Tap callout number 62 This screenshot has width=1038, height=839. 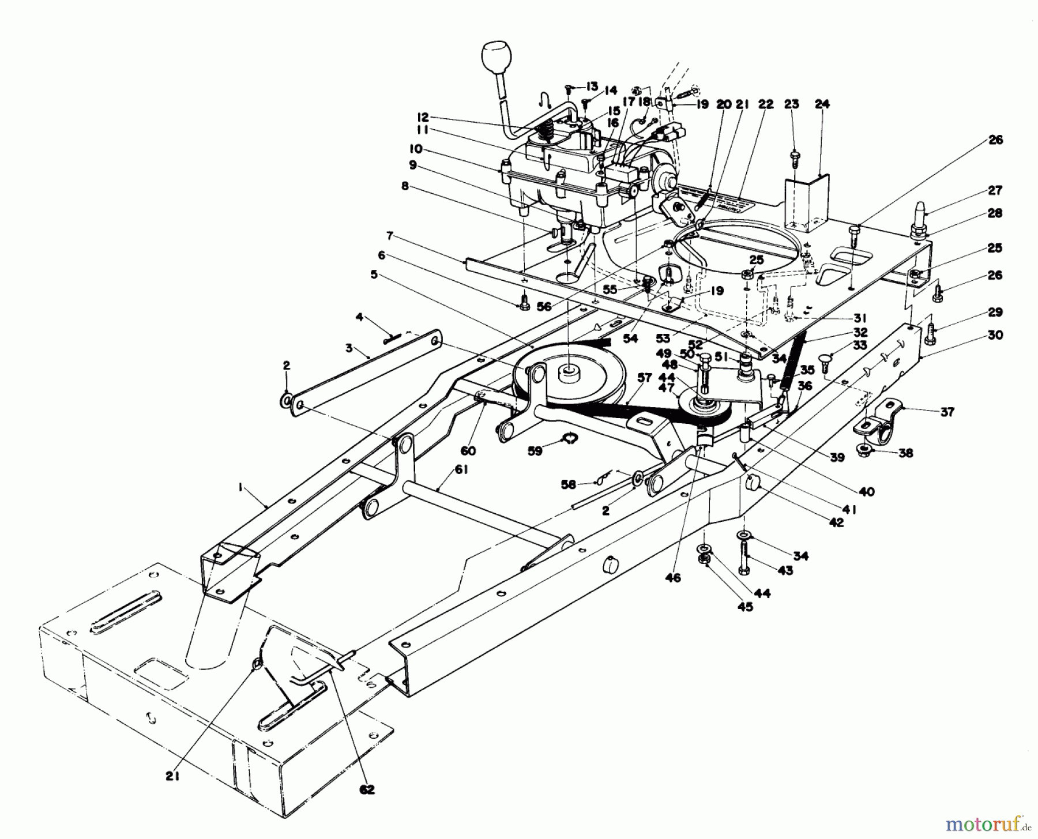point(367,790)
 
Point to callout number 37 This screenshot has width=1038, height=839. point(947,412)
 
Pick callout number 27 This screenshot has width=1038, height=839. point(995,190)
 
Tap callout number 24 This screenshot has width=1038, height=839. point(822,104)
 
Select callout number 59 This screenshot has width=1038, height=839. point(535,451)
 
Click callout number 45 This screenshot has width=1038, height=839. point(746,607)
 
